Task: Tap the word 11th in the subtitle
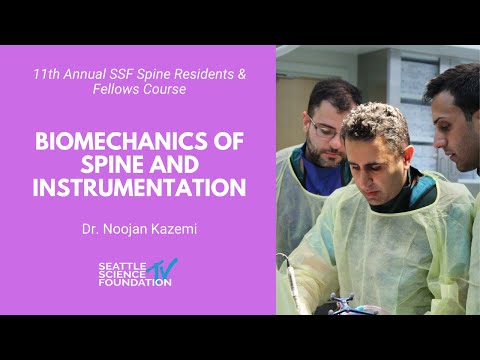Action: [45, 75]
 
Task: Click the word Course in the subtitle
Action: [160, 90]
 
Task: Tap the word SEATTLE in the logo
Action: [121, 266]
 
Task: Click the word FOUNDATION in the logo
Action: [134, 282]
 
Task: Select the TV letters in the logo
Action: [163, 269]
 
